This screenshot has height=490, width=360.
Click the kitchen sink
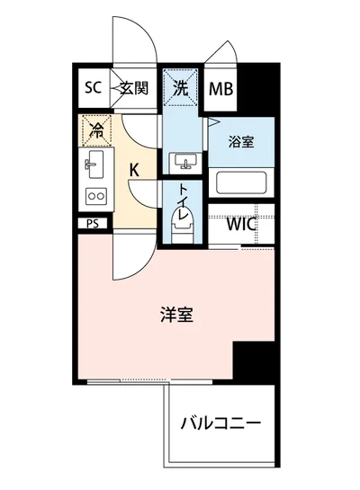(94, 165)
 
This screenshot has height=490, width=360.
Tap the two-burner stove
(94, 197)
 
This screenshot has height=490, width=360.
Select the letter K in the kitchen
(134, 168)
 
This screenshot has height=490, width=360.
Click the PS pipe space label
(93, 224)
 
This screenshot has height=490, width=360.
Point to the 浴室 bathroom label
(239, 141)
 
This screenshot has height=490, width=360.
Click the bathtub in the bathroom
(238, 183)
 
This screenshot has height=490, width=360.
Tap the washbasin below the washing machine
(187, 161)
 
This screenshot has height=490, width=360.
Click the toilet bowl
(179, 226)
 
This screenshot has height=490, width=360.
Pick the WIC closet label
(241, 225)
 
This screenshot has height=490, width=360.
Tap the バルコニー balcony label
(219, 423)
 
